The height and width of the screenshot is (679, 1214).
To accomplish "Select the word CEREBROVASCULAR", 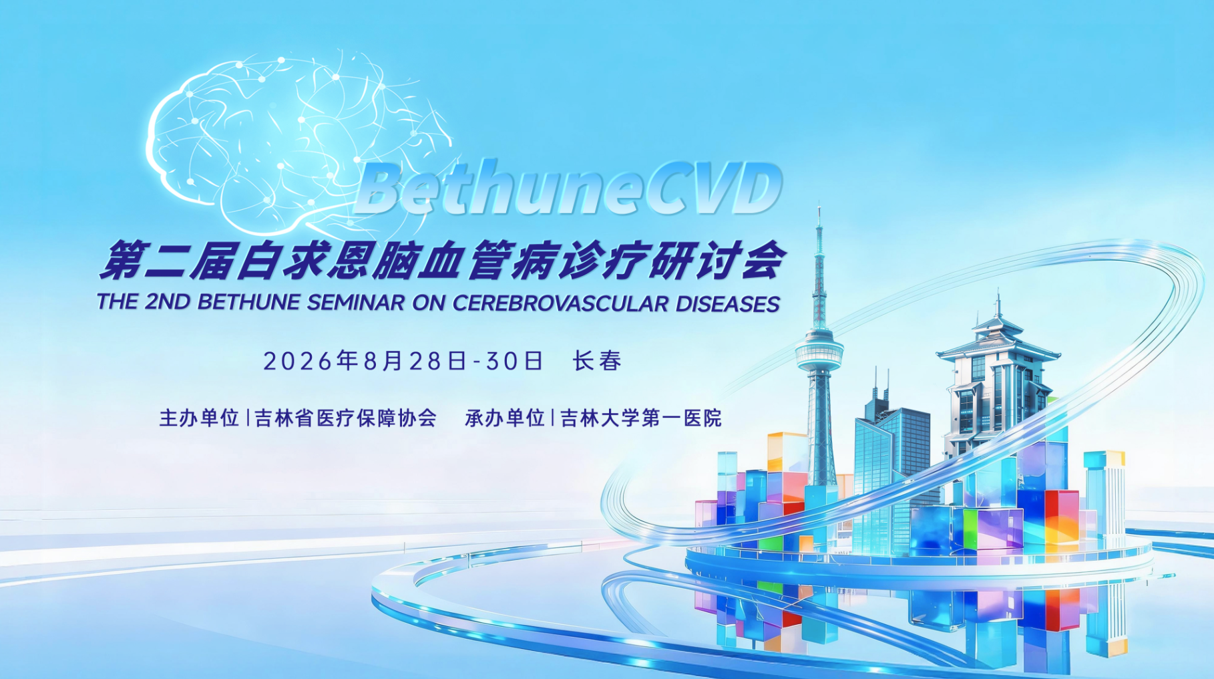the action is pyautogui.click(x=560, y=303).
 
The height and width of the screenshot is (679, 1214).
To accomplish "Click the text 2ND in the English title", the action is pyautogui.click(x=168, y=302).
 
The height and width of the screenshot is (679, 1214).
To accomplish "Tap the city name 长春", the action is pyautogui.click(x=597, y=361).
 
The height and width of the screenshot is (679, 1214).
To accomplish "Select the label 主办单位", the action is pyautogui.click(x=199, y=418).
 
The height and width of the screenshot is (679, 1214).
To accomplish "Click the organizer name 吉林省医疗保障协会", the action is pyautogui.click(x=346, y=418).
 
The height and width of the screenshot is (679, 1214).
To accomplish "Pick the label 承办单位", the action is pyautogui.click(x=505, y=418).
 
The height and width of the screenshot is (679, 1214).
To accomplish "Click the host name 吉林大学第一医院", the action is pyautogui.click(x=641, y=418).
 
